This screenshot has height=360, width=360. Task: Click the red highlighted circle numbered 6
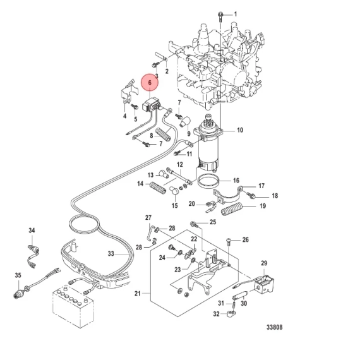coord(150,83)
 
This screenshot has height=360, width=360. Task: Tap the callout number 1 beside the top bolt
coord(235,15)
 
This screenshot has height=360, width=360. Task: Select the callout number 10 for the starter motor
coord(240,130)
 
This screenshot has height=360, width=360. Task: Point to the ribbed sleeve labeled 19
coord(231,208)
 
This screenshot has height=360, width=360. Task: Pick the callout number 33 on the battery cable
coord(111,254)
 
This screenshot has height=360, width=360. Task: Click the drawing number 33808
coord(274,327)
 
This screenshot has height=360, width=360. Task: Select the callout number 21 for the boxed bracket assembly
coord(137,293)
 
